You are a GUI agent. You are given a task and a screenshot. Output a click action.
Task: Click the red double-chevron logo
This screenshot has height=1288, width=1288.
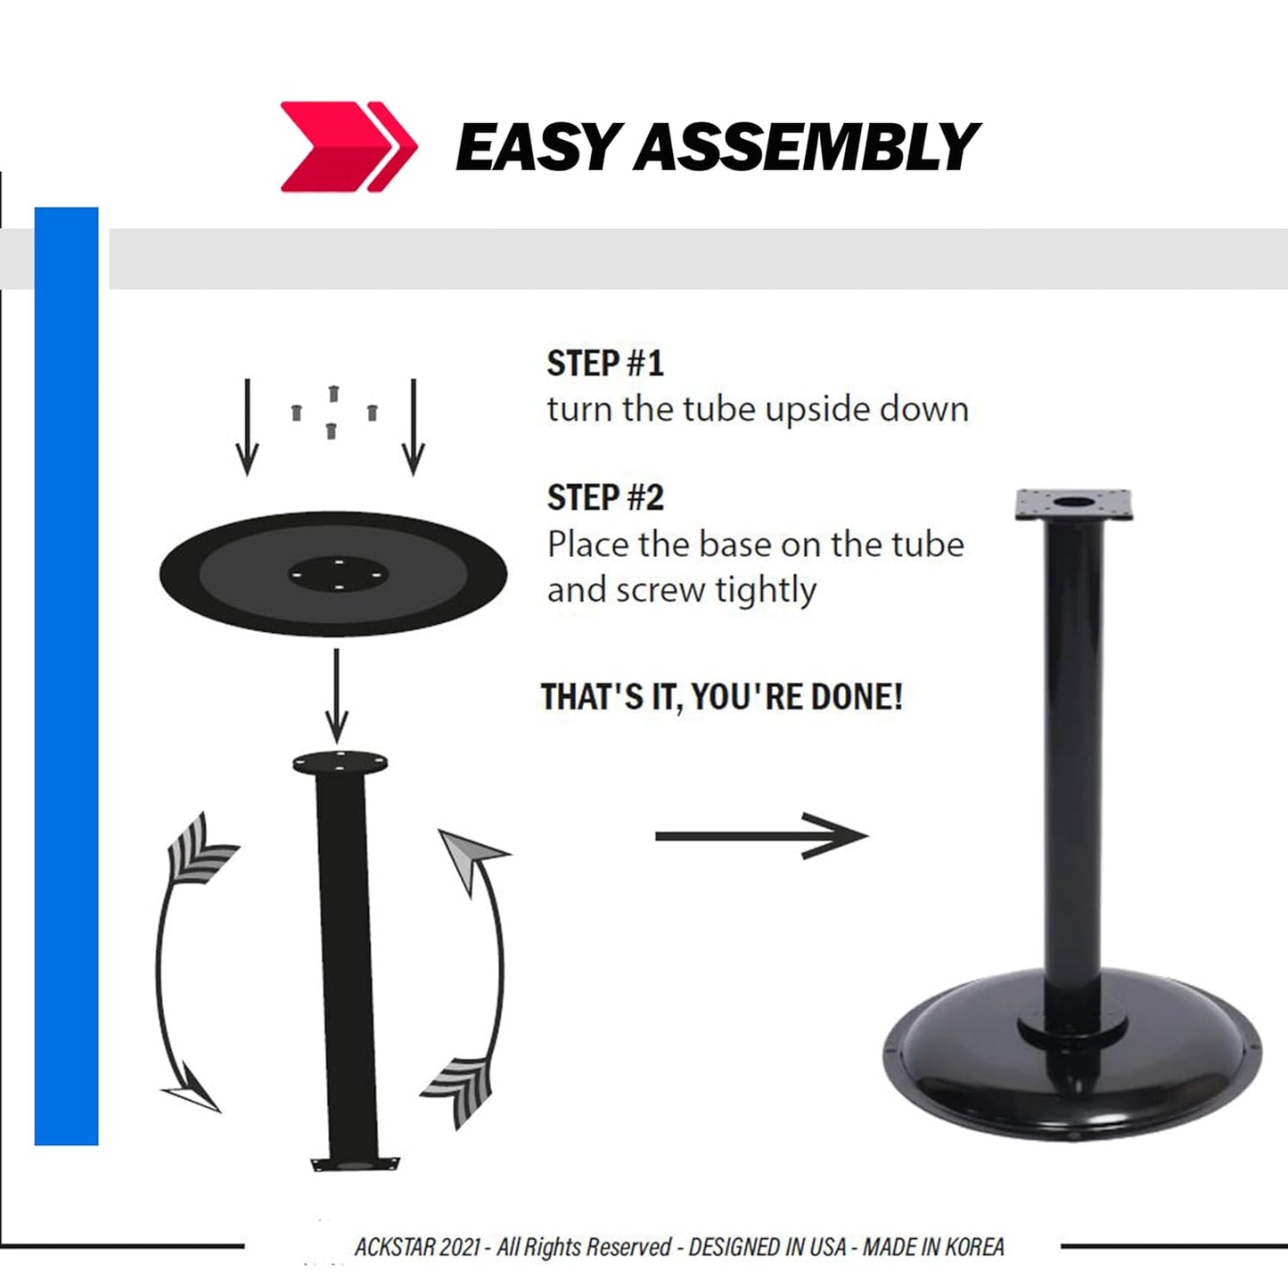pyautogui.click(x=348, y=146)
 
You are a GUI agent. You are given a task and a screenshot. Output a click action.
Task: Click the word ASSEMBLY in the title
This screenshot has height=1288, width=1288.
pyautogui.click(x=806, y=147)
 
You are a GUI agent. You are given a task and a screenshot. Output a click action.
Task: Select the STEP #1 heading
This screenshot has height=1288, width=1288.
pyautogui.click(x=605, y=364)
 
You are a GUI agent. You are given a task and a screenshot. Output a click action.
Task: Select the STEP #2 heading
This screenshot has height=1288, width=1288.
pyautogui.click(x=605, y=498)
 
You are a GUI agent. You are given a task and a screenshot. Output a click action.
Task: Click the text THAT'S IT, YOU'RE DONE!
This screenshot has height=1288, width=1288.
pyautogui.click(x=721, y=697)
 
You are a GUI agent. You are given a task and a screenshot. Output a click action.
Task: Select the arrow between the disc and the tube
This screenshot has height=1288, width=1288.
pyautogui.click(x=336, y=695)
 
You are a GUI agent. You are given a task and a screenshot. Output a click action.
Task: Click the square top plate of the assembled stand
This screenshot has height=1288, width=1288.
pyautogui.click(x=1073, y=505)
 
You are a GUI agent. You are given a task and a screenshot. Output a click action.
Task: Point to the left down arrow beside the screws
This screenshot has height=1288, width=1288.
pyautogui.click(x=247, y=427)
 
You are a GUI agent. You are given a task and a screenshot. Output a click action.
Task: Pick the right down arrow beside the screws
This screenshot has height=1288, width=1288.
pyautogui.click(x=413, y=427)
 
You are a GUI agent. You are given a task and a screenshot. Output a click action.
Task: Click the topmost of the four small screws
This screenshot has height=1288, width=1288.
pyautogui.click(x=333, y=393)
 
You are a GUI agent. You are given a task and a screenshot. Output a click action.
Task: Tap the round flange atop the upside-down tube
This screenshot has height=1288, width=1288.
pyautogui.click(x=340, y=763)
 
